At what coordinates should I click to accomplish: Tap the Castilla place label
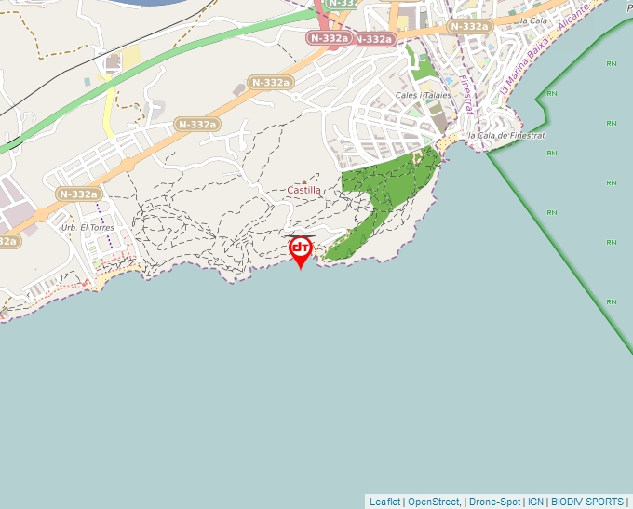303,190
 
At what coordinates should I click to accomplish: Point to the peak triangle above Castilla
304,181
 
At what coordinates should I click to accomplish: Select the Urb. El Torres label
80,227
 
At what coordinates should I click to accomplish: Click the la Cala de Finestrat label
506,135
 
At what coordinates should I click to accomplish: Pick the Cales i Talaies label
423,95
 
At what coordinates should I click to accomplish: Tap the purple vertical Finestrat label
467,96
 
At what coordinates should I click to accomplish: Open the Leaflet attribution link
384,502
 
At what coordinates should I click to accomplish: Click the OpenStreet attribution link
434,502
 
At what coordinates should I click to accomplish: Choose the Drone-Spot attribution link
494,502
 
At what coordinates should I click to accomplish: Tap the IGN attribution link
535,502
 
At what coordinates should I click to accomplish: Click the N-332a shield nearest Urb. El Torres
78,194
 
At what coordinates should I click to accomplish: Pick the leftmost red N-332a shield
330,38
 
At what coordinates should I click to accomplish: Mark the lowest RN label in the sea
612,301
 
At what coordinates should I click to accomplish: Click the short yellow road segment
109,110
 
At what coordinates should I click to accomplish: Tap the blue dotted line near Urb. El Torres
109,237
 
